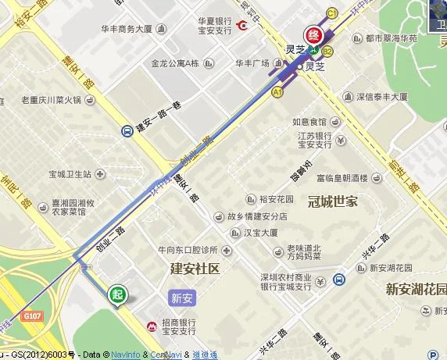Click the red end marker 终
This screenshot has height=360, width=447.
(314, 35)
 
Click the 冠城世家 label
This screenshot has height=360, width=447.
(332, 200)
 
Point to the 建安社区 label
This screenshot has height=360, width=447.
(196, 269)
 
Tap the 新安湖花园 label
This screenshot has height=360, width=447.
(416, 289)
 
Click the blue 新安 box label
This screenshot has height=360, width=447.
(181, 298)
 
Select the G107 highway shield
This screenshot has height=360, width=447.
(32, 315)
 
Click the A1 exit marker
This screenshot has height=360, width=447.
(277, 92)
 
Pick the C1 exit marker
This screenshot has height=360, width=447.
(331, 12)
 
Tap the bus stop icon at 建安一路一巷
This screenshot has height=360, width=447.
(127, 131)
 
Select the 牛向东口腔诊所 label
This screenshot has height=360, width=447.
(186, 250)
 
